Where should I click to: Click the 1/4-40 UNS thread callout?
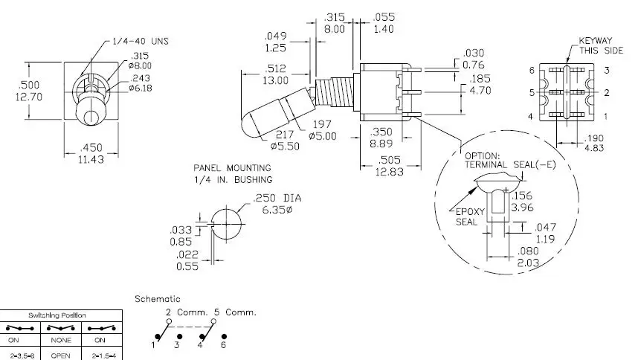[140, 41]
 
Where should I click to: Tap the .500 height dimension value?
[29, 85]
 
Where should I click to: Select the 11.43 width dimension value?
[91, 159]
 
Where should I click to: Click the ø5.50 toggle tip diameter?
[285, 146]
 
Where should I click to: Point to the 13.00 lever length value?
[275, 80]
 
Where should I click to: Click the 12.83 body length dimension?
[390, 172]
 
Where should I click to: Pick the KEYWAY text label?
[596, 41]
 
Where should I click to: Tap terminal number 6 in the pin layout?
[532, 71]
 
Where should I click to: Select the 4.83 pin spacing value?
[594, 148]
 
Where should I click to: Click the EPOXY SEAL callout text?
[468, 216]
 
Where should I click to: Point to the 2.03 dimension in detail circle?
[528, 263]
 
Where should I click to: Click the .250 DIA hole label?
[277, 198]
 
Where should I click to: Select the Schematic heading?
[158, 299]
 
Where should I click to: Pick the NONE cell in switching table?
[61, 340]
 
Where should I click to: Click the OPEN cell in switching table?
[61, 356]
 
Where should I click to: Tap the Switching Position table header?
[57, 315]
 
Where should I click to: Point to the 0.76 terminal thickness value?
[474, 65]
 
